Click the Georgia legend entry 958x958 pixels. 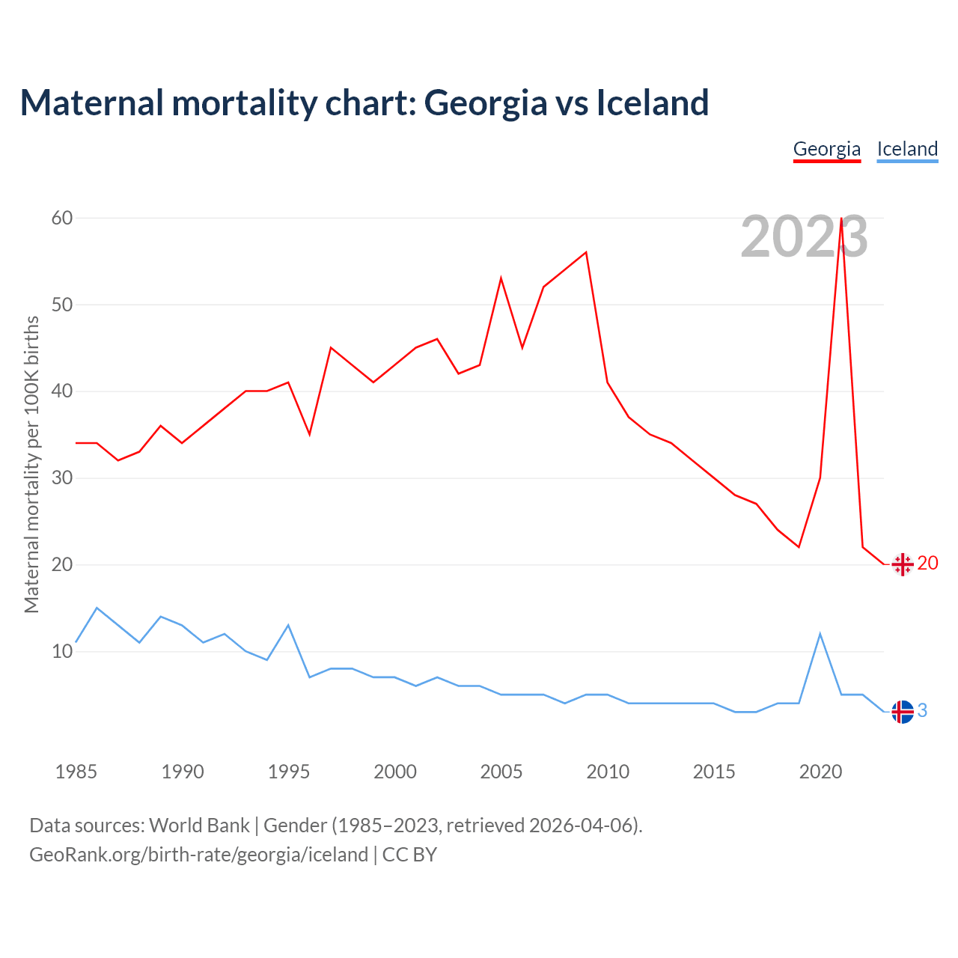827,149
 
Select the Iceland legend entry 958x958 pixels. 907,149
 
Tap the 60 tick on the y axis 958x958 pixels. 62,218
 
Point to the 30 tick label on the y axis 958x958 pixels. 62,478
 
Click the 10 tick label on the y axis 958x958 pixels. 62,651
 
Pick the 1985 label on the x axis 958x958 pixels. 76,772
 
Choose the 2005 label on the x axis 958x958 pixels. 501,772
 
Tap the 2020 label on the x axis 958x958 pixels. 820,772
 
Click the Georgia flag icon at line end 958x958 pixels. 903,564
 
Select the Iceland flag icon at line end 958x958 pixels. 903,712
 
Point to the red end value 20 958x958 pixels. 927,564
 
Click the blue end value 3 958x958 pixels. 922,711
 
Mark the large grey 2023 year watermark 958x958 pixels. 804,237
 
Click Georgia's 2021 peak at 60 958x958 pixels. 841,219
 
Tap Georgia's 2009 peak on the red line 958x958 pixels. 586,252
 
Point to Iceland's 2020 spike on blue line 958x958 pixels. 820,634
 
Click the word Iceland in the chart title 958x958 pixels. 652,103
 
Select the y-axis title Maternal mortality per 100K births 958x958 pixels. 31,464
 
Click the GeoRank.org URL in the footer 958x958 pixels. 198,855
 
